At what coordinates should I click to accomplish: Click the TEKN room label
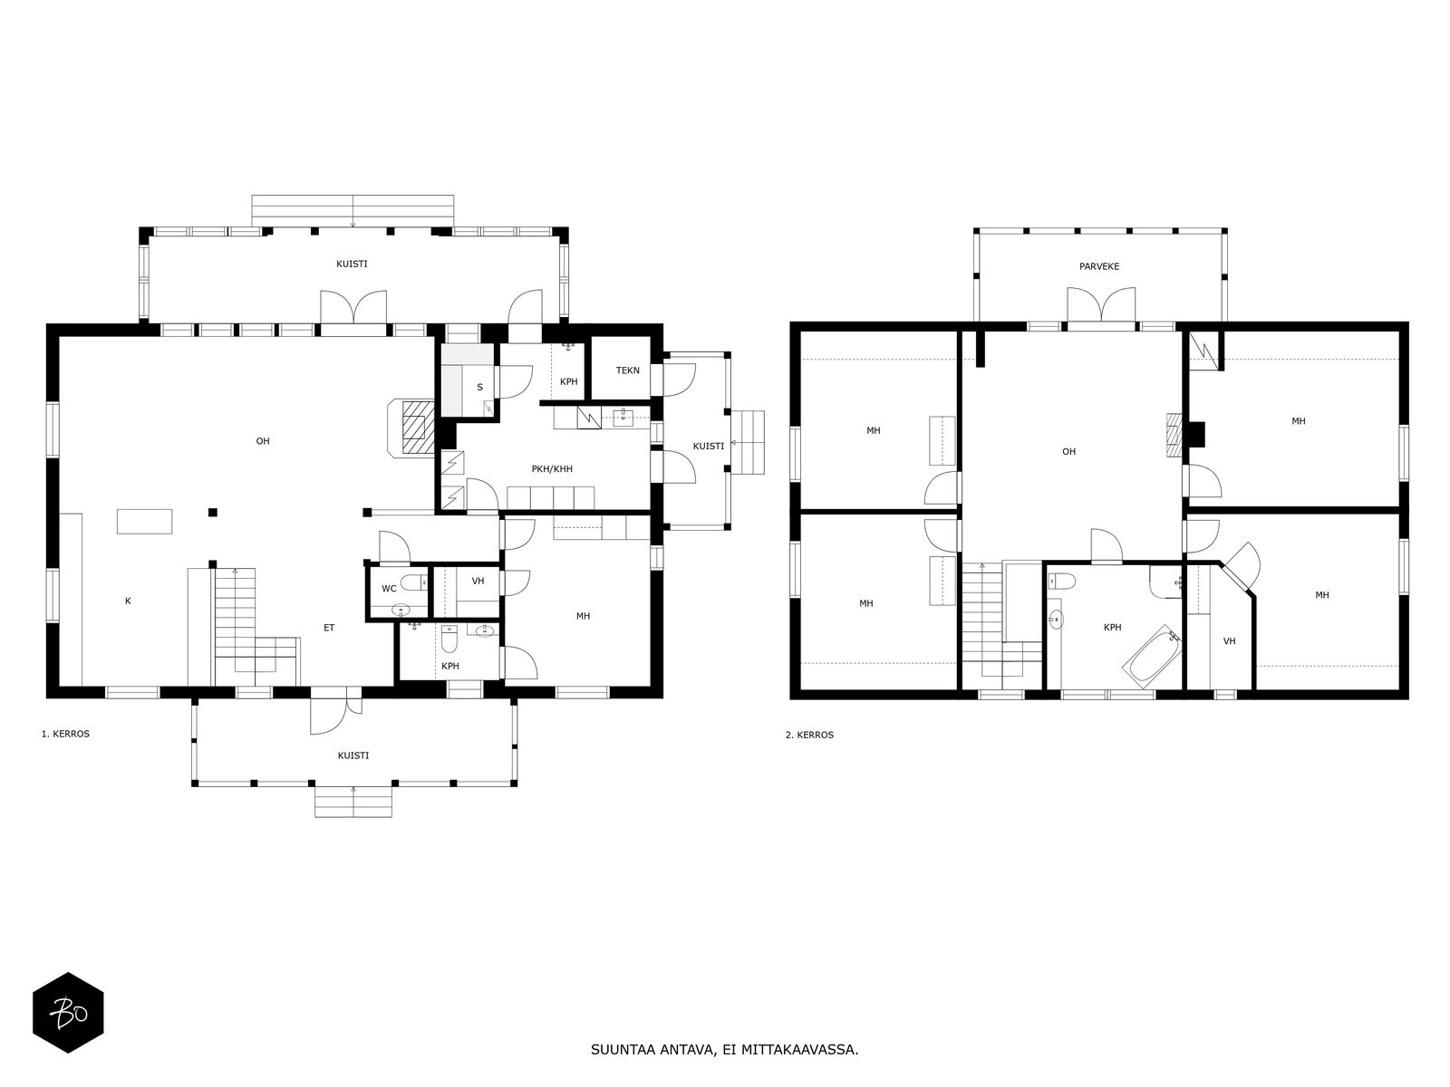click(x=627, y=370)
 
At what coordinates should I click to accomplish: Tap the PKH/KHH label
click(x=552, y=469)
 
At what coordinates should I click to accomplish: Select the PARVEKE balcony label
click(x=1099, y=266)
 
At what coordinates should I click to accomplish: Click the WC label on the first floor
click(x=389, y=589)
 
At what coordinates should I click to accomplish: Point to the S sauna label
click(x=479, y=388)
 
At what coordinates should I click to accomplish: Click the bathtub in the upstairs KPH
click(x=1152, y=656)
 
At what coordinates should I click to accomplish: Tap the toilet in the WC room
click(x=413, y=582)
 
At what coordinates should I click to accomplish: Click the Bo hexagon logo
click(x=68, y=1013)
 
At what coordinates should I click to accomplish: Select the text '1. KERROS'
click(x=65, y=734)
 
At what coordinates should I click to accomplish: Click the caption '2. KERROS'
click(x=809, y=736)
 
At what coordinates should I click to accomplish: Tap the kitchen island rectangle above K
click(x=145, y=522)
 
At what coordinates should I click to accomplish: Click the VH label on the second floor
click(x=1229, y=641)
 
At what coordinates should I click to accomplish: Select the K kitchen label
click(x=128, y=601)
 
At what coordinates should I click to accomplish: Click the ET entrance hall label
click(x=329, y=629)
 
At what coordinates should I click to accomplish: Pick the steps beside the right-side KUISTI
click(x=749, y=442)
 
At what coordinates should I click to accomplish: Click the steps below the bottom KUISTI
click(x=353, y=802)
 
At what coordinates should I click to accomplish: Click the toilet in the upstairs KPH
click(x=1062, y=582)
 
